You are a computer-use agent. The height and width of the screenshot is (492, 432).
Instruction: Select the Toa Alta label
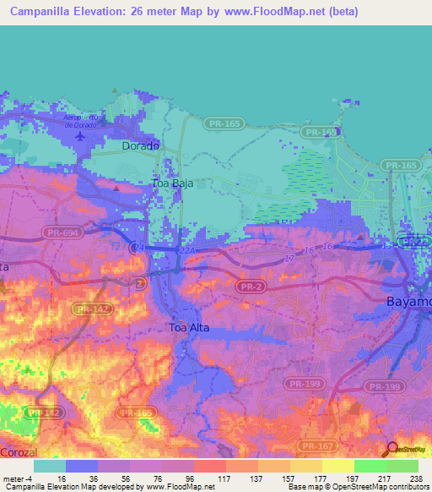[188, 327]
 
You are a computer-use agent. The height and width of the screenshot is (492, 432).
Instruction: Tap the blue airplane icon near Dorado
[80, 135]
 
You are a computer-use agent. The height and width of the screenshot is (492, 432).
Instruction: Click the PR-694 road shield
[55, 230]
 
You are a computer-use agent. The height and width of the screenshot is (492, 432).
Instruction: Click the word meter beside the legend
[15, 478]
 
